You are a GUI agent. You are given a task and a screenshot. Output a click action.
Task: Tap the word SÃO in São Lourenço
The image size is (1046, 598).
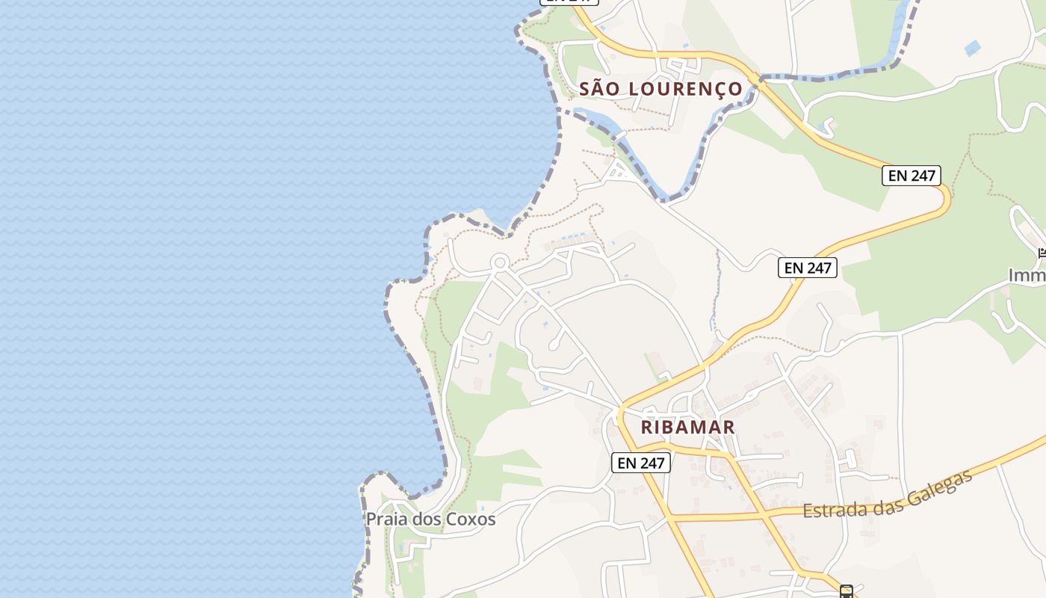click(x=601, y=89)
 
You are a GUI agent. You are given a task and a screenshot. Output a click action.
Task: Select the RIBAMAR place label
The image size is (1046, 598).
click(x=687, y=428)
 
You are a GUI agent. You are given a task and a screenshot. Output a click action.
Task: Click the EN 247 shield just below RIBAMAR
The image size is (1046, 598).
click(x=641, y=463)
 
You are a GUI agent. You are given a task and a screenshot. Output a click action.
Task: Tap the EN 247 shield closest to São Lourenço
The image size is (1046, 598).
click(x=911, y=176)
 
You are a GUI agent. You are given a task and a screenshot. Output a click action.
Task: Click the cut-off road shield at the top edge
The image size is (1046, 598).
click(x=569, y=2)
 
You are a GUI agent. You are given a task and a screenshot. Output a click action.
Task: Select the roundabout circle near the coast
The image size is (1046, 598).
click(x=500, y=262)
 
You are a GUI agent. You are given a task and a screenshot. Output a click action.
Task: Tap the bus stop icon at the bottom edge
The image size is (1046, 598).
click(x=846, y=592)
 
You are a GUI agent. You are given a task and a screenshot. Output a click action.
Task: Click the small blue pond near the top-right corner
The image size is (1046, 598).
click(x=972, y=49)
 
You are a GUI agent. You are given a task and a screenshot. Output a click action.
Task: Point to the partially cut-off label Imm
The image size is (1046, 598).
click(x=1027, y=276)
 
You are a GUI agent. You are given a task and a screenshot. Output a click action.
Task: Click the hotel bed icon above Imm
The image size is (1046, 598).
click(x=1042, y=253)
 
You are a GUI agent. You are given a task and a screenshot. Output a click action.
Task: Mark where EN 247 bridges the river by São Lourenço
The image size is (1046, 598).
click(x=759, y=78)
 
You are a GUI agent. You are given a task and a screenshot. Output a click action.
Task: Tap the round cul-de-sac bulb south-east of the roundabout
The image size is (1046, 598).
click(x=554, y=346)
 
